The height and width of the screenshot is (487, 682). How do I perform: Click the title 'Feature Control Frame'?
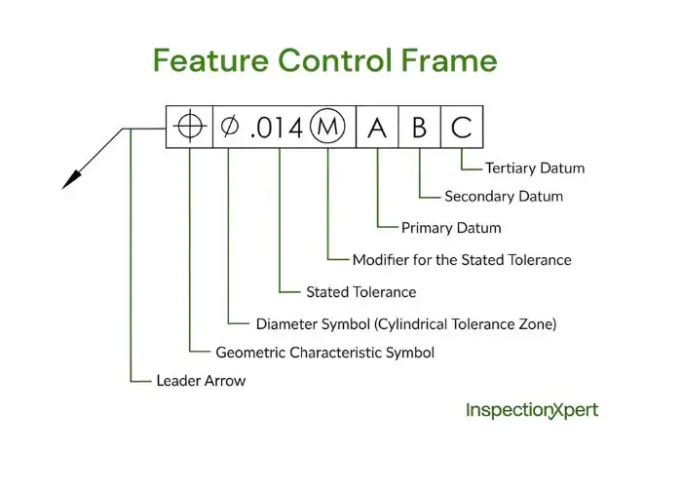point(324,60)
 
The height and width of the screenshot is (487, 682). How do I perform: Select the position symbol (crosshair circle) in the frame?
point(189,128)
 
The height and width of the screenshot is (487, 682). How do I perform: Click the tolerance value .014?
point(276,128)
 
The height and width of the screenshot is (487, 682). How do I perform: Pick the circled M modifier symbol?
point(327,128)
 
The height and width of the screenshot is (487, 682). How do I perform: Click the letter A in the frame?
point(377,128)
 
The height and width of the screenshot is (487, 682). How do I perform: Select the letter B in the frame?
point(419,128)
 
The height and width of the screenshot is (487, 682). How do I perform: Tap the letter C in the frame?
point(462,128)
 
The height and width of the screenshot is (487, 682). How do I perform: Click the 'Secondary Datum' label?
point(504,197)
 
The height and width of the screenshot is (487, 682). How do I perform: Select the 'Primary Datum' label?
point(451,228)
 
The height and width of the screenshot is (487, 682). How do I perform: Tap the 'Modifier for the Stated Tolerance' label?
point(462,260)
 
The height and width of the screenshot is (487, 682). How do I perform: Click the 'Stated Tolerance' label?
point(360,292)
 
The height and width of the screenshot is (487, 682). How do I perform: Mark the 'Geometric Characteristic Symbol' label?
point(324,353)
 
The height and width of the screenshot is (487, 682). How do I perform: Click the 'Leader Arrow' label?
point(201,381)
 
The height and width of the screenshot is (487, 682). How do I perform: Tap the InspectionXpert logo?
point(532,410)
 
